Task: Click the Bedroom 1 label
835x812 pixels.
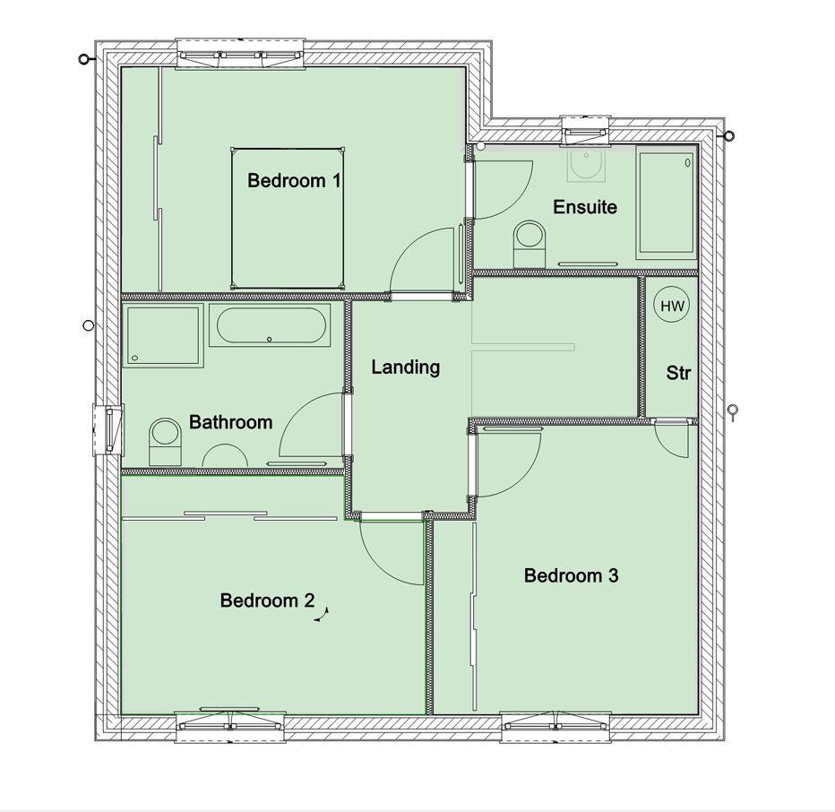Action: coord(294,181)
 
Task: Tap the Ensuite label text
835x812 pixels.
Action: coord(585,207)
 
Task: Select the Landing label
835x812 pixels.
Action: coord(406,367)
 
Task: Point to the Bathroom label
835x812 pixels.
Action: coord(230,422)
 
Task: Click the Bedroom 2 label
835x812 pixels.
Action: coord(267,600)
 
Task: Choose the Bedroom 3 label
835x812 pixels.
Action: coord(572,575)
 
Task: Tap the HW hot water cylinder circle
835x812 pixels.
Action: coord(672,306)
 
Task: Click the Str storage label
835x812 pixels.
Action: coord(678,373)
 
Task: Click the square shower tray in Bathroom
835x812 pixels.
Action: coord(163,335)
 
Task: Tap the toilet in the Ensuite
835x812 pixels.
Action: coord(529,244)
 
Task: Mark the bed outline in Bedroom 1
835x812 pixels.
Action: coord(288,219)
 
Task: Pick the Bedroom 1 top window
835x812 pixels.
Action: coord(240,53)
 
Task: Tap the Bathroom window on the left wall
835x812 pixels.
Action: coord(108,429)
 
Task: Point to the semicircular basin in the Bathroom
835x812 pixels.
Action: coord(225,455)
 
